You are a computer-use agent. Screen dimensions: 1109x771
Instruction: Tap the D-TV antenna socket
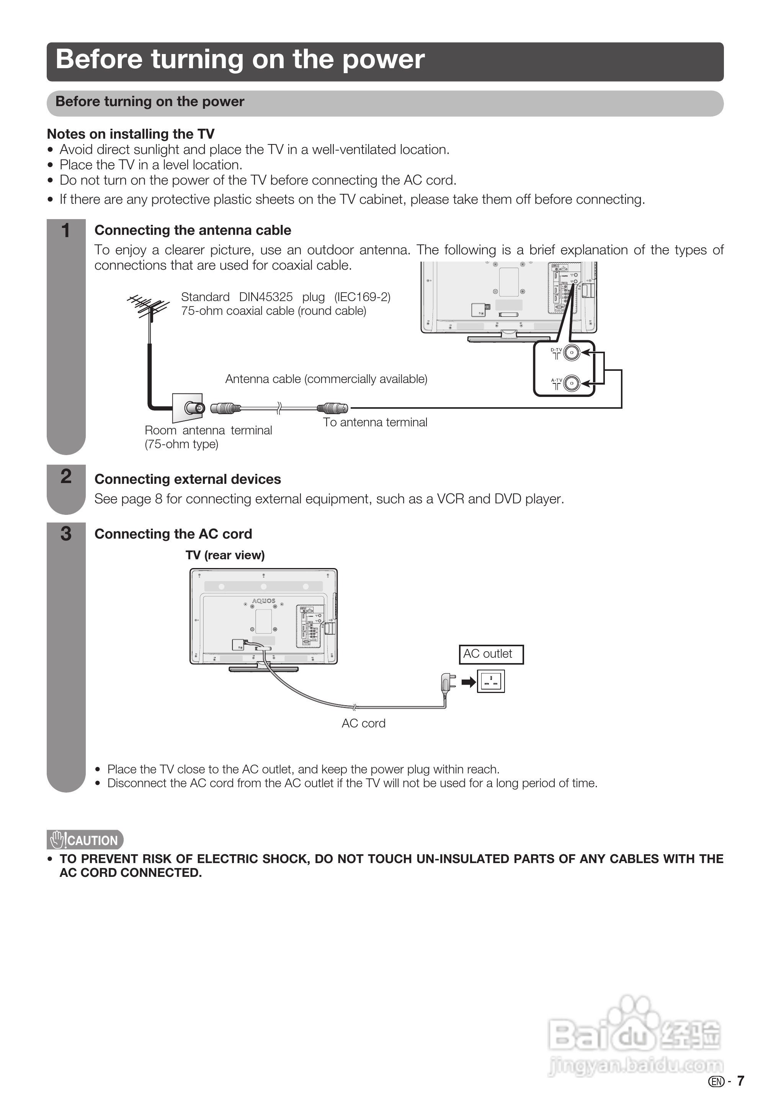pyautogui.click(x=571, y=352)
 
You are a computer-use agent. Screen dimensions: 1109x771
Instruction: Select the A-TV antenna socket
pyautogui.click(x=571, y=383)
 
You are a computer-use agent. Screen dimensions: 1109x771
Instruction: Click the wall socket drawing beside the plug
pyautogui.click(x=490, y=681)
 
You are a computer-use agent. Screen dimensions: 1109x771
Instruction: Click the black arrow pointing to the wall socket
pyautogui.click(x=468, y=682)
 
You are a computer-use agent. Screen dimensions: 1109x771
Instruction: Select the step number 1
pyautogui.click(x=66, y=230)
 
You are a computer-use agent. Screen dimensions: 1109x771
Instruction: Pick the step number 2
pyautogui.click(x=66, y=476)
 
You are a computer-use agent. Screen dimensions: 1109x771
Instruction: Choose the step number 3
pyautogui.click(x=66, y=534)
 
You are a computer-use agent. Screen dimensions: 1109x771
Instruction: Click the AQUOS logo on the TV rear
pyautogui.click(x=264, y=601)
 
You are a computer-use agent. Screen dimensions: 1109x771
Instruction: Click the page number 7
pyautogui.click(x=740, y=1081)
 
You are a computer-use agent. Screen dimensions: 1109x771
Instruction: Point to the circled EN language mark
pyautogui.click(x=716, y=1081)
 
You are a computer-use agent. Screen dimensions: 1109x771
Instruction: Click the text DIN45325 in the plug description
pyautogui.click(x=266, y=297)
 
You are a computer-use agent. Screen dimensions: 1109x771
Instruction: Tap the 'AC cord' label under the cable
pyautogui.click(x=364, y=723)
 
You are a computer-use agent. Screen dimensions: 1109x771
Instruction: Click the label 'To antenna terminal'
pyautogui.click(x=375, y=422)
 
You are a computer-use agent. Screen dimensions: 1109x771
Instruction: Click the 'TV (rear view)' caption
pyautogui.click(x=225, y=555)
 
